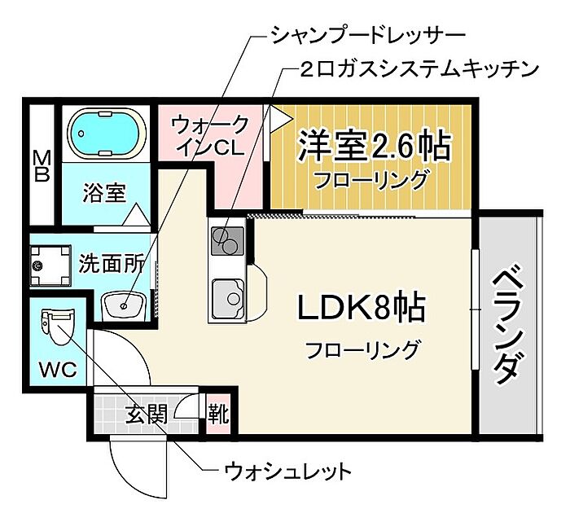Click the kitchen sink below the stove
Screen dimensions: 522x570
(228, 293)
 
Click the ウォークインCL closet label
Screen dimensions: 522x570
(209, 137)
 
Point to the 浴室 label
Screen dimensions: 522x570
(105, 194)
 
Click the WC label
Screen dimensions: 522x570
(59, 369)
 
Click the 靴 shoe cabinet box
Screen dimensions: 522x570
(218, 415)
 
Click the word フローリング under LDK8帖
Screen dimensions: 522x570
(362, 350)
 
